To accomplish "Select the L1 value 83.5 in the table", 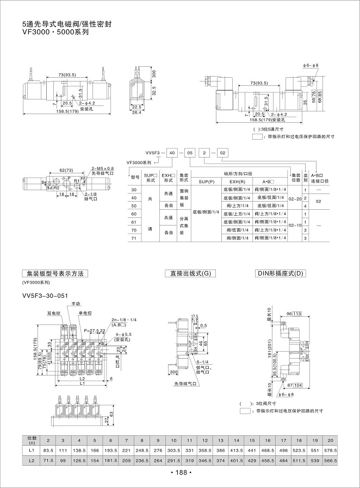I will pyautogui.click(x=47, y=450).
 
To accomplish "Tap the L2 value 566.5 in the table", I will pyautogui.click(x=330, y=461).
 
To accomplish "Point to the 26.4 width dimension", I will pyautogui.click(x=136, y=112).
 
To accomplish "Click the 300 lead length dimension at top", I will pyautogui.click(x=154, y=72).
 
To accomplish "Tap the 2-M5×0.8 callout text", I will pyautogui.click(x=103, y=168).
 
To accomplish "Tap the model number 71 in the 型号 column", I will pyautogui.click(x=134, y=238).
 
